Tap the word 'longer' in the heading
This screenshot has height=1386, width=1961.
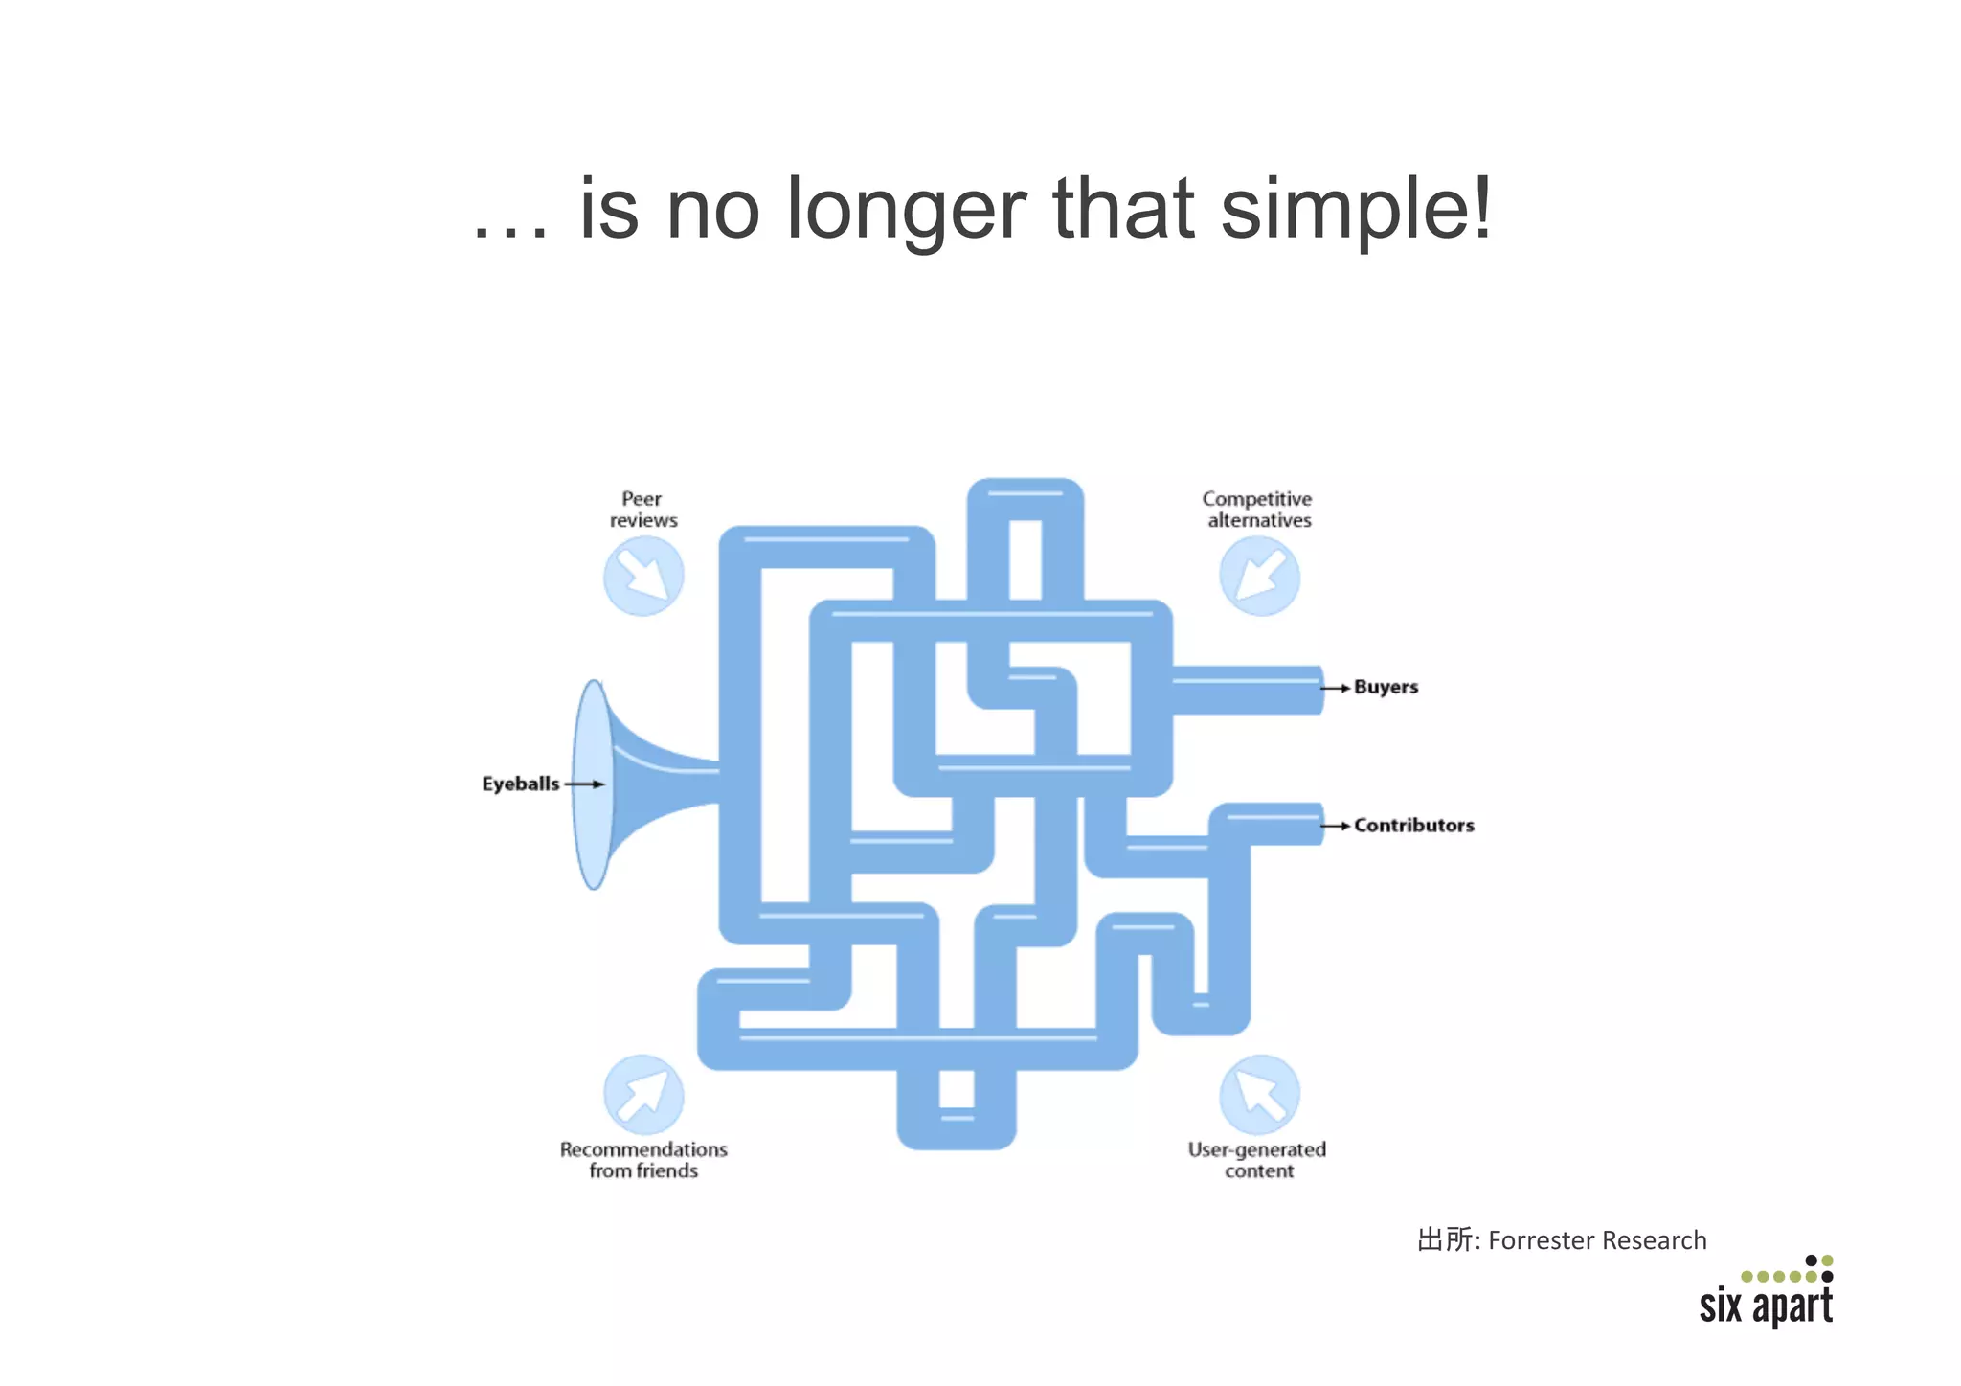click(905, 211)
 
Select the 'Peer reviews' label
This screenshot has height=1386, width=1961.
click(642, 510)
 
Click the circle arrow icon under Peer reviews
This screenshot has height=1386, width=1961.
click(643, 576)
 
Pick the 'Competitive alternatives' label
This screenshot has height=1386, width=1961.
click(1257, 510)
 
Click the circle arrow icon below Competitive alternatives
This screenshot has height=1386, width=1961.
click(1259, 576)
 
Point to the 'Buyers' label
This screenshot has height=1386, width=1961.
click(1386, 688)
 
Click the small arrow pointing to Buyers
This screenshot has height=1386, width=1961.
click(1335, 688)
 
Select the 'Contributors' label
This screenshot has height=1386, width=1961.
click(1413, 826)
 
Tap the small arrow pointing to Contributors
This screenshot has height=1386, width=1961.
click(1335, 826)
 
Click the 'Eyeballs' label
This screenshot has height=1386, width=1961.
click(520, 784)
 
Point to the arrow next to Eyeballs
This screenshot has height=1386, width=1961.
click(585, 784)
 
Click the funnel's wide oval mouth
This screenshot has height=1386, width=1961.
click(593, 784)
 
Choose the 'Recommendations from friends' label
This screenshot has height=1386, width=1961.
click(643, 1160)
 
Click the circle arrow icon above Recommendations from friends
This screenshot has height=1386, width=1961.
click(643, 1095)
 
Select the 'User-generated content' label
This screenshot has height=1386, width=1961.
click(1257, 1160)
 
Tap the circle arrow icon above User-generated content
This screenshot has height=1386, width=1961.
click(1259, 1095)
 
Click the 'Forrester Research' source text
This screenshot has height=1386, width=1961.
click(1596, 1241)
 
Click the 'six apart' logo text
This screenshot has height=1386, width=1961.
click(1766, 1306)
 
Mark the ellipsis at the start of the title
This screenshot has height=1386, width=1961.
click(511, 233)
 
